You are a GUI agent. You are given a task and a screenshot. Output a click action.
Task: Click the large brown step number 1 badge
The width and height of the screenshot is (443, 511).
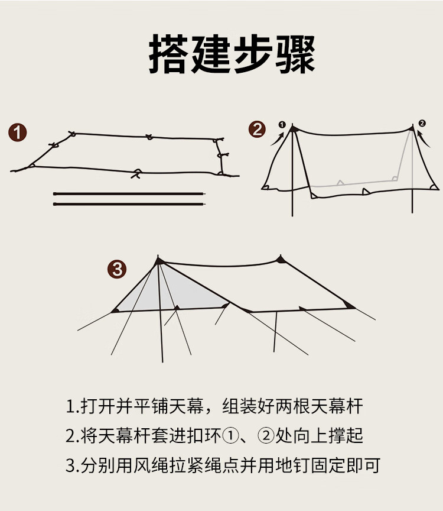tap(18, 132)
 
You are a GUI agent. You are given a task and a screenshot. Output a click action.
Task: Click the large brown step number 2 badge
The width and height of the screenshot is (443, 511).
tap(257, 129)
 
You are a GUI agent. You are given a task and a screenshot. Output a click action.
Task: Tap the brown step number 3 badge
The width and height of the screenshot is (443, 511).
tap(117, 269)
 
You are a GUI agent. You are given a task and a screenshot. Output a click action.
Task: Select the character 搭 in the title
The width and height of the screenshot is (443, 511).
tap(168, 54)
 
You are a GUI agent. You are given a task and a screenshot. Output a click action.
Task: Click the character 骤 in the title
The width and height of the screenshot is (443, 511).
tap(295, 54)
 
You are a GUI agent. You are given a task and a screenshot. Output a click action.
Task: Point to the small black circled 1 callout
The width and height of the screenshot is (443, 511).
tap(282, 124)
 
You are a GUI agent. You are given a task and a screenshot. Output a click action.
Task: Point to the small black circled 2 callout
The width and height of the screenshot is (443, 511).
tap(422, 123)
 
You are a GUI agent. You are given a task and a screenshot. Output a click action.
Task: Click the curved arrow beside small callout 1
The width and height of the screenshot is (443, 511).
tap(278, 138)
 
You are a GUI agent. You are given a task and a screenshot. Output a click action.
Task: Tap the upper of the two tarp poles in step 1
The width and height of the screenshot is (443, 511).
tap(129, 194)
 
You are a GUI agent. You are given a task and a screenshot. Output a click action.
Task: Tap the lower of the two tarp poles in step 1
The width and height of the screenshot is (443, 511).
tap(129, 204)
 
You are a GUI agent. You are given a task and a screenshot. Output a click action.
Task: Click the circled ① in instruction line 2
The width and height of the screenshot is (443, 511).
tap(230, 436)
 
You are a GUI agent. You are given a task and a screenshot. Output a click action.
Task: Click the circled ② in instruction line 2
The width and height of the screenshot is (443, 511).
tap(266, 436)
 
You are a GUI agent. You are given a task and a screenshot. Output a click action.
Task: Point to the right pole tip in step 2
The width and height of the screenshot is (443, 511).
tap(413, 126)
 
